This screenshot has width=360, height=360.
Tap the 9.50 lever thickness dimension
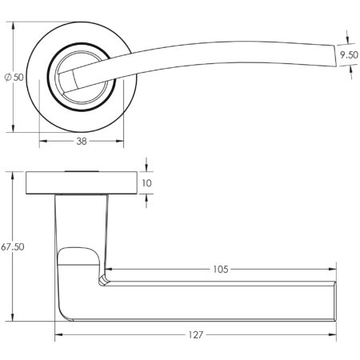(x=347, y=55)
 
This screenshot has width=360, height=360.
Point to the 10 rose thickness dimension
(x=147, y=183)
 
